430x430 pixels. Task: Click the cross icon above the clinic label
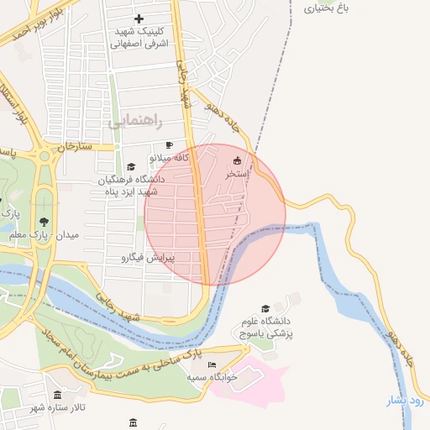click(x=139, y=18)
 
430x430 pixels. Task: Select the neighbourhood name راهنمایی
click(x=131, y=122)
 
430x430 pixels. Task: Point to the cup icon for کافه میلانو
click(x=170, y=145)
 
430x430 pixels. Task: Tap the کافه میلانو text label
click(x=170, y=157)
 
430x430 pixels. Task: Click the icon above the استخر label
click(x=236, y=161)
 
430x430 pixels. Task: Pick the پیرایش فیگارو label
click(x=148, y=256)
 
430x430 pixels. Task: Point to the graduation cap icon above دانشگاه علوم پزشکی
click(x=266, y=309)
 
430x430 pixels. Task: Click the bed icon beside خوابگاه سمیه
click(x=212, y=365)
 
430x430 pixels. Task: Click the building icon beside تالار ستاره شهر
click(x=57, y=396)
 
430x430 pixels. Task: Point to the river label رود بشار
click(x=407, y=401)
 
